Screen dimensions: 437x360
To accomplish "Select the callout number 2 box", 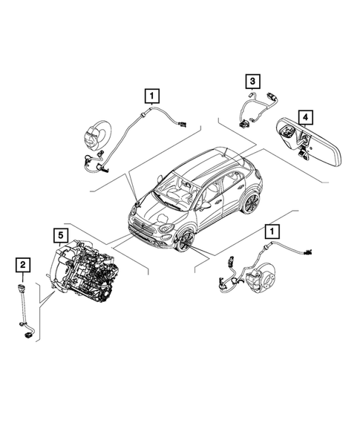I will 24,263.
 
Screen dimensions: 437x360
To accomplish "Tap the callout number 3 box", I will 253,81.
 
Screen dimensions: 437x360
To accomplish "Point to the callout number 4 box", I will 304,116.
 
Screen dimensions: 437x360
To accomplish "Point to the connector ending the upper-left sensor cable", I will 182,124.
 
